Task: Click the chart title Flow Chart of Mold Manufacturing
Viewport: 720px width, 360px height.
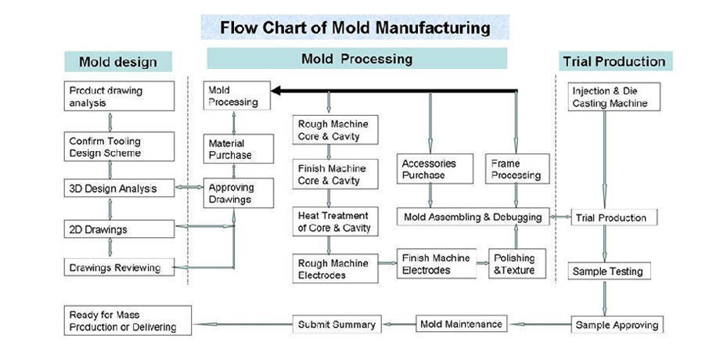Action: point(355,28)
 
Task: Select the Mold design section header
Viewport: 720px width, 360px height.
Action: point(118,62)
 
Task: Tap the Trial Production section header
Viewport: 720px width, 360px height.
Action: point(614,61)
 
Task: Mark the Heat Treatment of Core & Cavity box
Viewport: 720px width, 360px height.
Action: point(333,221)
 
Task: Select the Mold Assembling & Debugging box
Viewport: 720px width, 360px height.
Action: point(473,216)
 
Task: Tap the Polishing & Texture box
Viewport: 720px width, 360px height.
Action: point(514,264)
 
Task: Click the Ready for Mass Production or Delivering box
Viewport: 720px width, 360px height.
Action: point(127,321)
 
